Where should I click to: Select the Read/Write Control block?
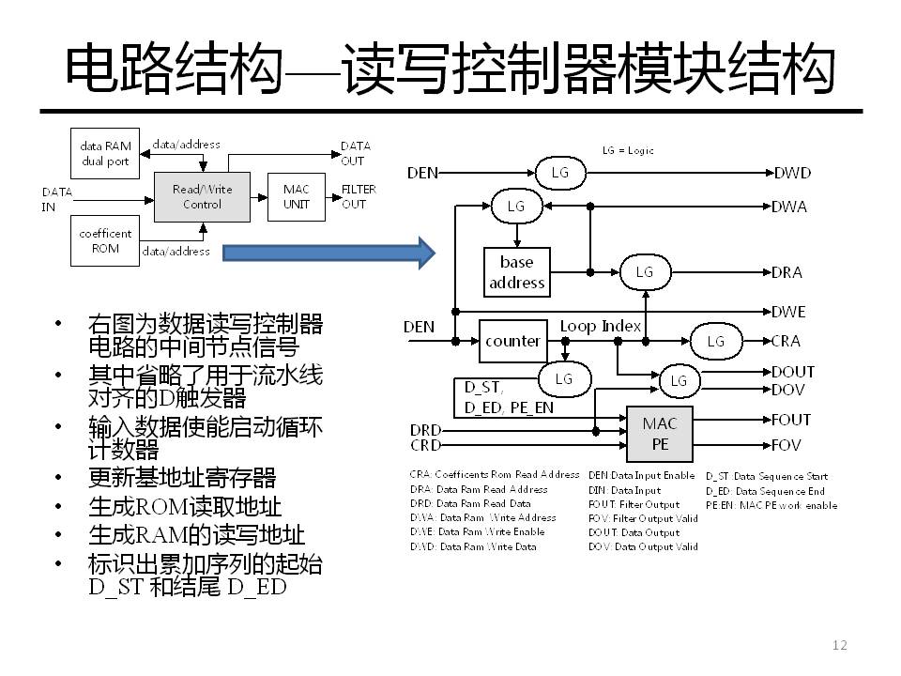(x=202, y=196)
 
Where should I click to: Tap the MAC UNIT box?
(x=297, y=196)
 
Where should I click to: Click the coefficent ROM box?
(x=105, y=240)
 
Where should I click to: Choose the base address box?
(x=516, y=272)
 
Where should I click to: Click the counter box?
(x=512, y=341)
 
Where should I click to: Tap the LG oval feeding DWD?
(x=559, y=172)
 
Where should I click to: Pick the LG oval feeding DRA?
(x=644, y=272)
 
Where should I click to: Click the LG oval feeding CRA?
(x=716, y=341)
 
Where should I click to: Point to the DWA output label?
(x=789, y=207)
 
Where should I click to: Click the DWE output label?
(x=788, y=312)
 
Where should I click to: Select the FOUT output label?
(x=791, y=421)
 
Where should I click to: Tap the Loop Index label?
(x=601, y=326)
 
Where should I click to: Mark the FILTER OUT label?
(x=359, y=196)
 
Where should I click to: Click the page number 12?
(x=840, y=644)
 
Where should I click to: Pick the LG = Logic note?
(x=628, y=150)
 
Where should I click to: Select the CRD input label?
(x=425, y=444)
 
